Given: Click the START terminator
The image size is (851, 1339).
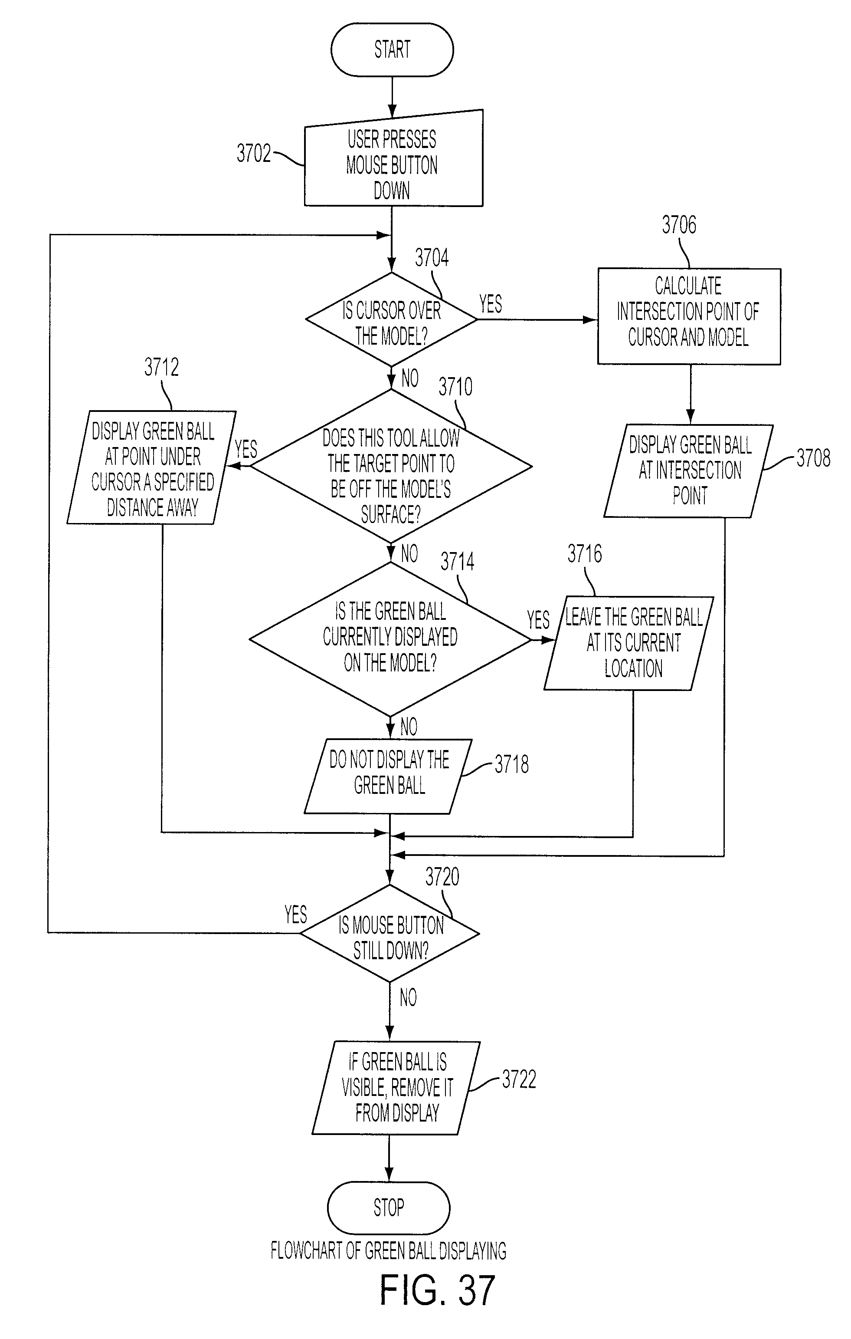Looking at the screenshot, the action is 392,49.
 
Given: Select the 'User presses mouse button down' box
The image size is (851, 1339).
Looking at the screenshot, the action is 393,158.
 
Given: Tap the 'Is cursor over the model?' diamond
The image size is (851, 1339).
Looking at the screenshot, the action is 391,319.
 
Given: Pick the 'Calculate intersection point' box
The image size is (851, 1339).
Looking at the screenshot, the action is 689,316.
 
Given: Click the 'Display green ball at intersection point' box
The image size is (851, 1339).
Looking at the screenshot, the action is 689,471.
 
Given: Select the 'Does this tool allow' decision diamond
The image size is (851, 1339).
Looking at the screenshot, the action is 391,466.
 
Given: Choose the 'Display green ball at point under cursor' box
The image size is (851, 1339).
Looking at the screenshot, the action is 152,467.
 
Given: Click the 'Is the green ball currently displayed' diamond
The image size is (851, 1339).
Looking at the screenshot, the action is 390,639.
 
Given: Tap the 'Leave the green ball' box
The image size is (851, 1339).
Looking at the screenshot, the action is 628,643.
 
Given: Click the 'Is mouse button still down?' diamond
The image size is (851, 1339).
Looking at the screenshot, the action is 389,933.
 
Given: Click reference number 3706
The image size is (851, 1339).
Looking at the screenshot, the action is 679,225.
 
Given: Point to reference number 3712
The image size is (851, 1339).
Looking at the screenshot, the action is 161,367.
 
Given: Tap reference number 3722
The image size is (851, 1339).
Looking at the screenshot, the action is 519,1079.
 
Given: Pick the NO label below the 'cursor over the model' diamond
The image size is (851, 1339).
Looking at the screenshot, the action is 409,378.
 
